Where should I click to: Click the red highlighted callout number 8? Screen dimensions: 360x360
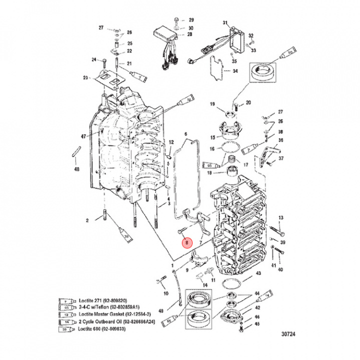(186, 243)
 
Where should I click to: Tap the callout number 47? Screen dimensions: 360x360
(84, 136)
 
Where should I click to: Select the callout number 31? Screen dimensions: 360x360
(225, 23)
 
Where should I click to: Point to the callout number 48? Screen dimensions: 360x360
(76, 169)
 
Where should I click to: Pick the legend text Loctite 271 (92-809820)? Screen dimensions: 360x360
(102, 301)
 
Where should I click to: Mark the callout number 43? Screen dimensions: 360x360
(258, 273)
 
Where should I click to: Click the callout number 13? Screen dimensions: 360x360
(281, 218)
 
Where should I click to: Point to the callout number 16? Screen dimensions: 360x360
(212, 149)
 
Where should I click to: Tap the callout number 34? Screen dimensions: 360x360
(235, 71)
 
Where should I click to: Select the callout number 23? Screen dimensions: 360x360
(85, 77)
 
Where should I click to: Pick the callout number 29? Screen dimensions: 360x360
(190, 20)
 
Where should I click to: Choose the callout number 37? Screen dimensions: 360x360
(281, 158)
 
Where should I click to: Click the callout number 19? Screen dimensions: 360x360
(212, 104)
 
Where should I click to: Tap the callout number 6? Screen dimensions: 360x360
(185, 134)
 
